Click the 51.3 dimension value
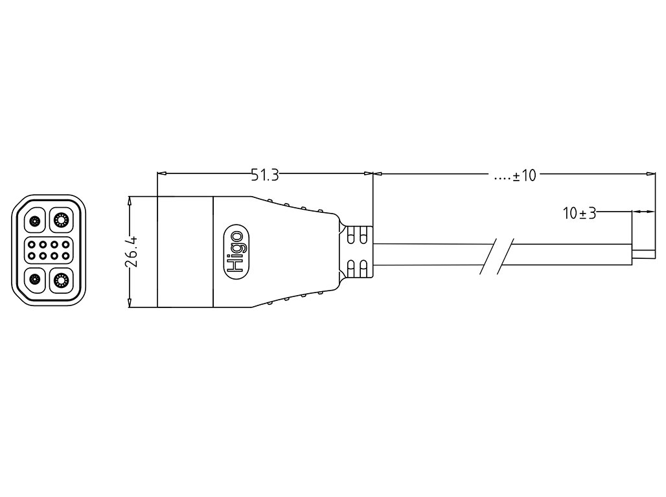264,175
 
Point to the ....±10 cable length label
515,175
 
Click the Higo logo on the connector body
237,253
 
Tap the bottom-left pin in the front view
35,280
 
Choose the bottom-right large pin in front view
62,280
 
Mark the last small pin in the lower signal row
65,256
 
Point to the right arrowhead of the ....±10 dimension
650,173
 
